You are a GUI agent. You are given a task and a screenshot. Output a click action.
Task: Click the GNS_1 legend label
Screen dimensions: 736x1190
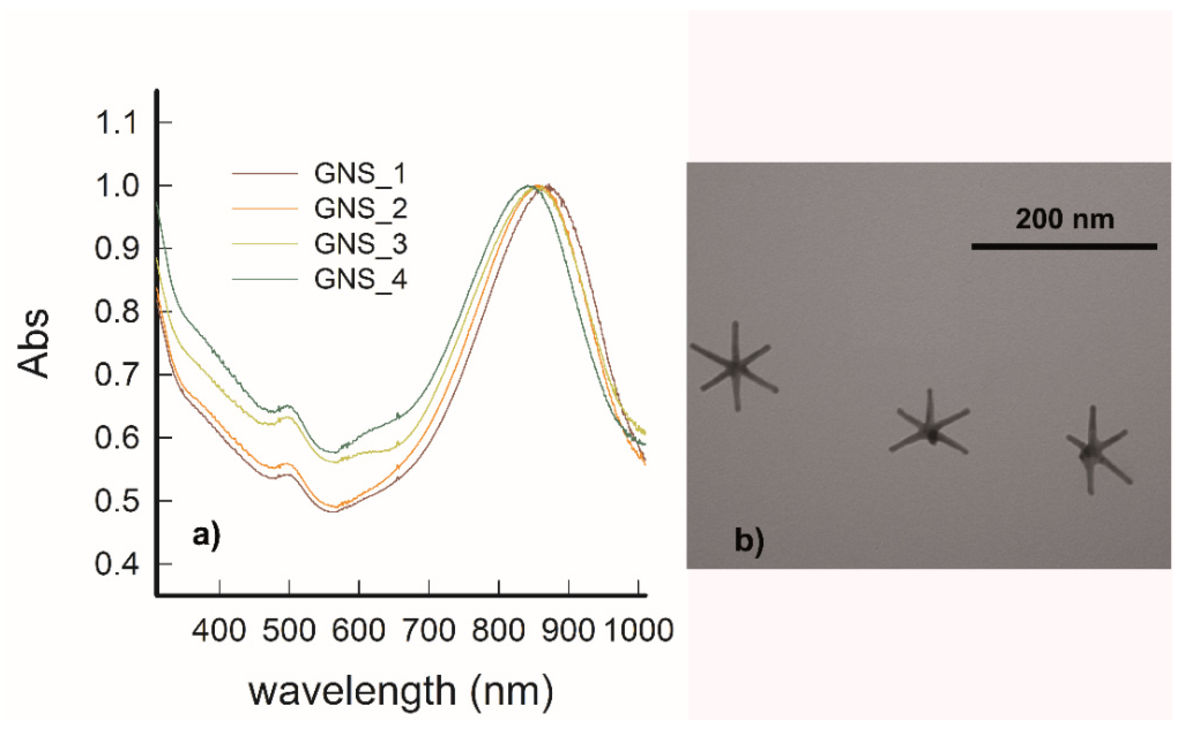coord(360,174)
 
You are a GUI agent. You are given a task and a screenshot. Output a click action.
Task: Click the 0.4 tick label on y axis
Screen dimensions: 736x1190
coord(117,564)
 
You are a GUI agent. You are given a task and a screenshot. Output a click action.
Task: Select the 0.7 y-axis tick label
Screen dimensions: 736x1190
coord(117,375)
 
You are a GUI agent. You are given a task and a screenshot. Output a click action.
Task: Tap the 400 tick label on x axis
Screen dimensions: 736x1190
coord(218,630)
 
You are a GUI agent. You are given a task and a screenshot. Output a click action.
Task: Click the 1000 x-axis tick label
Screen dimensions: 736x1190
coord(638,630)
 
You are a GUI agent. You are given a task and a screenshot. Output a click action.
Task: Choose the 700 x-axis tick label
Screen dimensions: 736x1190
coord(429,630)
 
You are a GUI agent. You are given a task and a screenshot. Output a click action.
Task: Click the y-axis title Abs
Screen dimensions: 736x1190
coord(34,343)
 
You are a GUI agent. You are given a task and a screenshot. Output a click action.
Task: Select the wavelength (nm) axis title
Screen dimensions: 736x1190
coord(401,691)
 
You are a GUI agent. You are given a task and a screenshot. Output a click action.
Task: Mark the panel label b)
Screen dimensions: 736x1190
coord(749,541)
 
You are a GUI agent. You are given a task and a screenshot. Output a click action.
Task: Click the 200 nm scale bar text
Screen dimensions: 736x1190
coord(1065,220)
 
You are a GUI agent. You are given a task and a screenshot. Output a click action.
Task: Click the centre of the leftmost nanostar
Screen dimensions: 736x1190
coord(736,367)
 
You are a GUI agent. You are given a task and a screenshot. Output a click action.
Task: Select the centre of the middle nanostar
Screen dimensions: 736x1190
coord(931,431)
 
